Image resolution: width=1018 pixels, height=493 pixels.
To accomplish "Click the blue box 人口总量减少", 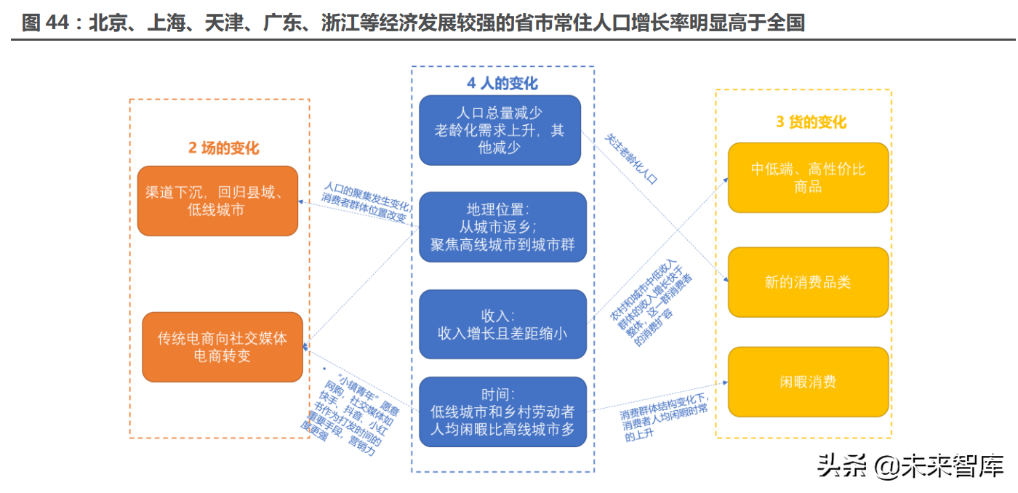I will coord(500,130).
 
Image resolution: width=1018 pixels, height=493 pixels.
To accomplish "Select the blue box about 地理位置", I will coord(502,226).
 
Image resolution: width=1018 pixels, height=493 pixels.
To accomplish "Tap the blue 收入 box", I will coord(502,324).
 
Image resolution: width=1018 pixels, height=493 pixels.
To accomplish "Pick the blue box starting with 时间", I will coord(502,412).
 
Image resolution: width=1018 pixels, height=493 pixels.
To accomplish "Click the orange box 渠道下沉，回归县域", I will coord(217,201).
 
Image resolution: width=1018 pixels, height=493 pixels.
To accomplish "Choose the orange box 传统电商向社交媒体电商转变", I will coord(222,347).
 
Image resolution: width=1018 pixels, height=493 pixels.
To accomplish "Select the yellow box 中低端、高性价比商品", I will coord(808,177).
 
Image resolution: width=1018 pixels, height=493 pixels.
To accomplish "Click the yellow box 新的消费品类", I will coord(808,282).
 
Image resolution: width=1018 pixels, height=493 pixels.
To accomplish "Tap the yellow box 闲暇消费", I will coord(808,382).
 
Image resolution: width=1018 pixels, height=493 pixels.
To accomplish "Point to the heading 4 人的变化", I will coord(502,83).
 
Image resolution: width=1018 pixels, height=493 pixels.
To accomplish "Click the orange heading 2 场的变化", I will coord(223,148).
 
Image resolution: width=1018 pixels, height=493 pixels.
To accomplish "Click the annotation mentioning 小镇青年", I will coord(349,412).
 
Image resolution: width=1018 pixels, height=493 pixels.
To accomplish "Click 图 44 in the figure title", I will coord(44,23).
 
